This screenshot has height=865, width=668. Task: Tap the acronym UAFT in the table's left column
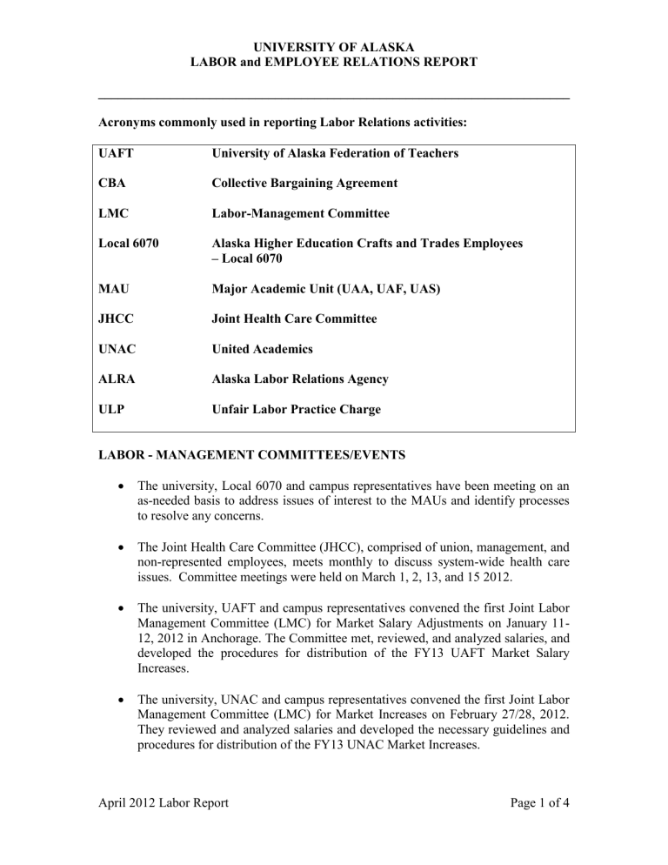pyautogui.click(x=123, y=153)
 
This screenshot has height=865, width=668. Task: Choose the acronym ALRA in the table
pyautogui.click(x=124, y=379)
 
